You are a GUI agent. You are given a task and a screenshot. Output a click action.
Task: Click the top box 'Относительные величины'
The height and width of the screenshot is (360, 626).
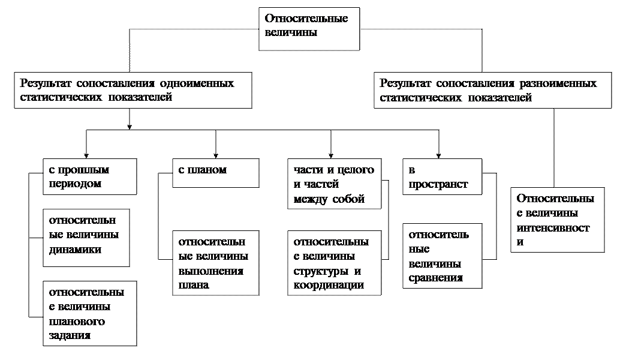click(x=309, y=28)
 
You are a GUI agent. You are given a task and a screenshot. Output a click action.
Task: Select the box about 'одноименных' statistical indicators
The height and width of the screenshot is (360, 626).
click(x=133, y=91)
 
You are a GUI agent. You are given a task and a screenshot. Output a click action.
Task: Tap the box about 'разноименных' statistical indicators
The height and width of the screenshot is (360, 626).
click(x=492, y=91)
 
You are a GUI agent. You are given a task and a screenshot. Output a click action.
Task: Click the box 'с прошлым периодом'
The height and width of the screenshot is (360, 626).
click(x=90, y=176)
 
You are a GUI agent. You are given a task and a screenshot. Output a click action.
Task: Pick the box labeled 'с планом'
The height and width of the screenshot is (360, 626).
click(x=216, y=173)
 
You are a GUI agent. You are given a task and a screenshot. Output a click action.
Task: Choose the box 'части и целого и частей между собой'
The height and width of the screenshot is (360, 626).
click(x=334, y=184)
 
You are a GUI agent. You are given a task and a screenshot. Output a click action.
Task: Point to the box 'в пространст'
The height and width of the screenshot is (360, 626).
click(x=442, y=177)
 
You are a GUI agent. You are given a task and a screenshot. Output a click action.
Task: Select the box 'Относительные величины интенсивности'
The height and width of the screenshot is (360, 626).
click(x=557, y=220)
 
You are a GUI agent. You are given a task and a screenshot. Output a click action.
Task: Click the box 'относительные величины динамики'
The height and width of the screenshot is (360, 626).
click(x=86, y=237)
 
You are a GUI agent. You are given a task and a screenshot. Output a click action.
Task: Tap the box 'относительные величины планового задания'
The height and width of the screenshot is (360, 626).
click(x=90, y=313)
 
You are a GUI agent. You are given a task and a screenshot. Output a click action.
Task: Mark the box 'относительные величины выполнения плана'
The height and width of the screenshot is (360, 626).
click(x=216, y=263)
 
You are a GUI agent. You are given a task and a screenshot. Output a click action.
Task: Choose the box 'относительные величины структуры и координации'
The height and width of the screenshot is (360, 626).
click(x=334, y=263)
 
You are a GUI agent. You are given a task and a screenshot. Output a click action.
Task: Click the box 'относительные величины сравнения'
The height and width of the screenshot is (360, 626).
click(x=442, y=256)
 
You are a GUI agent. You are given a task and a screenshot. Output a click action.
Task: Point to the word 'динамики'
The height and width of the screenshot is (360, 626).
click(x=75, y=250)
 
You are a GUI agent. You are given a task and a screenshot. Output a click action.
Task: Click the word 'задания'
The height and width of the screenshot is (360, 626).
click(x=70, y=335)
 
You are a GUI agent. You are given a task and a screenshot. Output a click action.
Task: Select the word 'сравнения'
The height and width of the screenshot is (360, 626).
click(x=436, y=278)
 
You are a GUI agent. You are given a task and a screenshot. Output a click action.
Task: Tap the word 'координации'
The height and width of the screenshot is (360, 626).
click(x=329, y=285)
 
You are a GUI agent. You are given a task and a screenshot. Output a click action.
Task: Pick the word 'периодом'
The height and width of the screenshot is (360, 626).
click(x=75, y=184)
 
